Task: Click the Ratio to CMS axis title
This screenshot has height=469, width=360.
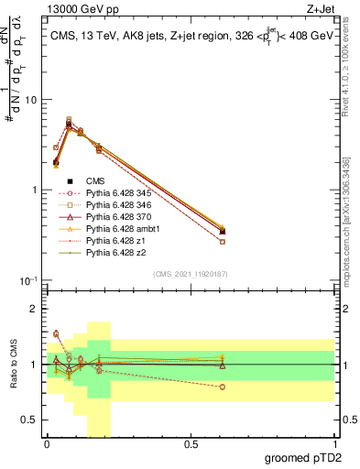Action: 13,366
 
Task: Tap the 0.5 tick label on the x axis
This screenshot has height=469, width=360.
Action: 191,443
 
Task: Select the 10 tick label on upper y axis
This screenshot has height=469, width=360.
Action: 33,100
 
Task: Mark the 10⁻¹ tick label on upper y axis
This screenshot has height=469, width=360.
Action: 31,280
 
